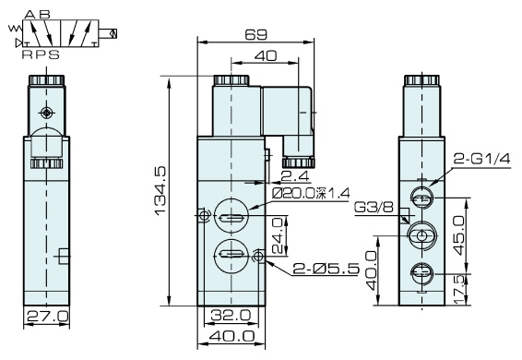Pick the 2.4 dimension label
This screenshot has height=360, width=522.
pyautogui.click(x=294, y=175)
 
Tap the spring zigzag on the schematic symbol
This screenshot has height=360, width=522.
pyautogui.click(x=14, y=34)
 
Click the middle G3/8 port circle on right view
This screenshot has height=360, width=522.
pyautogui.click(x=422, y=236)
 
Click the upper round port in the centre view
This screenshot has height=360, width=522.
pyautogui.click(x=230, y=218)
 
